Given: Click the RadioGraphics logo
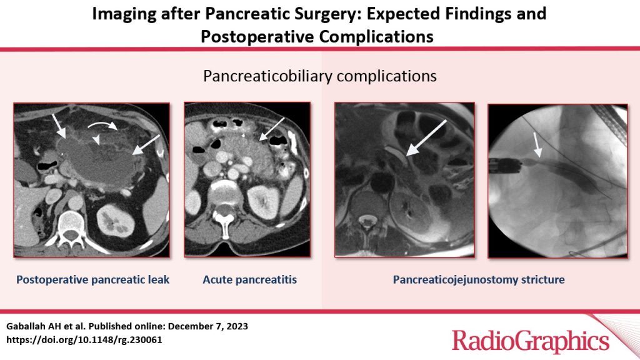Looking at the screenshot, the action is [x=531, y=341].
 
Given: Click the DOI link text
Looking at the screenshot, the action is [x=84, y=339].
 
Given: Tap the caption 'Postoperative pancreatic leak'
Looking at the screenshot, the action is [x=92, y=280].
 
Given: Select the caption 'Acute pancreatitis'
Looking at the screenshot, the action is [x=250, y=280].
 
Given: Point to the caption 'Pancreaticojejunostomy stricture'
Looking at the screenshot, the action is [x=479, y=280].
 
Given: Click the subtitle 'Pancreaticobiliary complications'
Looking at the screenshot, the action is [x=320, y=76].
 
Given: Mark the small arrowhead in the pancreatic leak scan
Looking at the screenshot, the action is [x=96, y=140].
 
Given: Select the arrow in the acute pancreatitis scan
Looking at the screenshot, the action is [x=272, y=129].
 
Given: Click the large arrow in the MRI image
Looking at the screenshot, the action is [x=426, y=137].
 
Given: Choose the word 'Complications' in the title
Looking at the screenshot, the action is [x=376, y=37].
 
